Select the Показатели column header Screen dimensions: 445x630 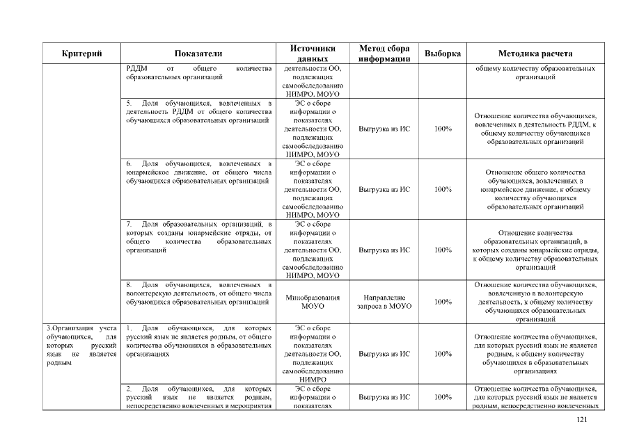[x=198, y=54]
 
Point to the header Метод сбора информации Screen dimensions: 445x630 [x=384, y=54]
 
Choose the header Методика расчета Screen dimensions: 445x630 [x=535, y=54]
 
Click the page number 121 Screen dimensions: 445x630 [x=583, y=419]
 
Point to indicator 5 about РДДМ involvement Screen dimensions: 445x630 [x=198, y=112]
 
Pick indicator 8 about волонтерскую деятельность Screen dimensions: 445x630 [x=198, y=293]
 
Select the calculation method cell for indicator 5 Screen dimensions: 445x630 [x=535, y=129]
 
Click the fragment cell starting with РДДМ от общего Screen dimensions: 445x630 [x=198, y=73]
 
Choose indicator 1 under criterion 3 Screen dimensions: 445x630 [x=198, y=340]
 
